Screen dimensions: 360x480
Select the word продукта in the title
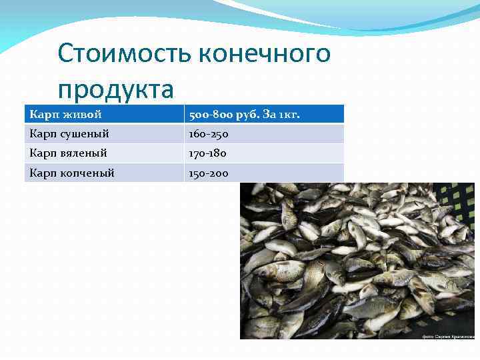click(x=115, y=89)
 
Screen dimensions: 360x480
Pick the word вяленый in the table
click(x=85, y=153)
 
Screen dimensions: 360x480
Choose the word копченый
click(x=89, y=173)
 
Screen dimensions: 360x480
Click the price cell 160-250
click(x=209, y=134)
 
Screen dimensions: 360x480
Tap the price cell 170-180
click(x=208, y=153)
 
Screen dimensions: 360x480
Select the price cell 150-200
click(x=209, y=173)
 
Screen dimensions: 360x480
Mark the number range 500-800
click(x=211, y=115)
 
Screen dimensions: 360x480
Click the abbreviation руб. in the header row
click(x=250, y=115)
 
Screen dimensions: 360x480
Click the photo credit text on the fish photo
click(x=449, y=337)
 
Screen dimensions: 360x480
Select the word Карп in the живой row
click(x=42, y=115)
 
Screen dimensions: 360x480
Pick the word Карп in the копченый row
click(x=42, y=173)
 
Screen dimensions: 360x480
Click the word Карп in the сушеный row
click(x=42, y=134)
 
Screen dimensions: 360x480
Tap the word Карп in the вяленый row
click(x=42, y=153)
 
